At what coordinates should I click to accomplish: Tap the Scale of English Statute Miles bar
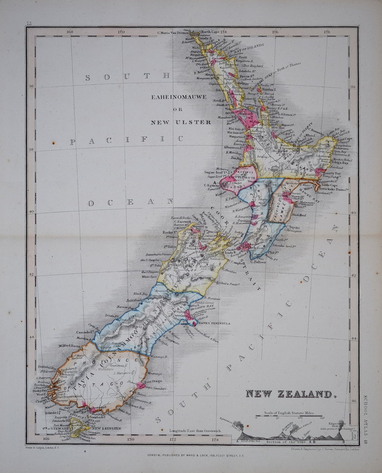point(288,418)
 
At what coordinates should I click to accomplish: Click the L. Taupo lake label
point(272,169)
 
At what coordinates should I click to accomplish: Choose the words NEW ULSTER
point(181,122)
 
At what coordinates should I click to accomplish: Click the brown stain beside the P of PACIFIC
point(54,141)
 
